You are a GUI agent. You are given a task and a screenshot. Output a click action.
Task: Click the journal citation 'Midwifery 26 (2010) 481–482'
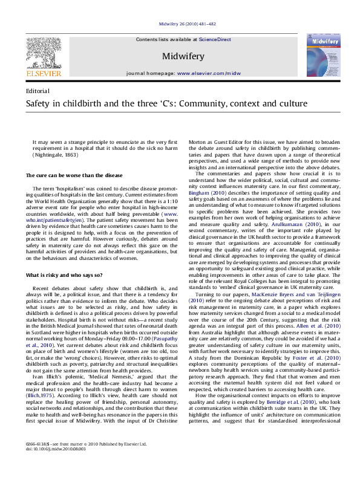tap(180, 22)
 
